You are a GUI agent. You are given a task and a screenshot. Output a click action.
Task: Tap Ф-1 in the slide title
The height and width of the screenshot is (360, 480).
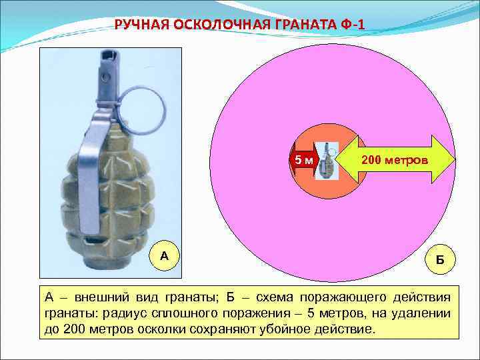pos(351,25)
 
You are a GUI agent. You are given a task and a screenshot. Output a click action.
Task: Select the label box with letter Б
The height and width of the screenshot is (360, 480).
pos(440,257)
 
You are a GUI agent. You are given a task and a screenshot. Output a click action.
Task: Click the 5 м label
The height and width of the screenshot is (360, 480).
pos(304,160)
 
